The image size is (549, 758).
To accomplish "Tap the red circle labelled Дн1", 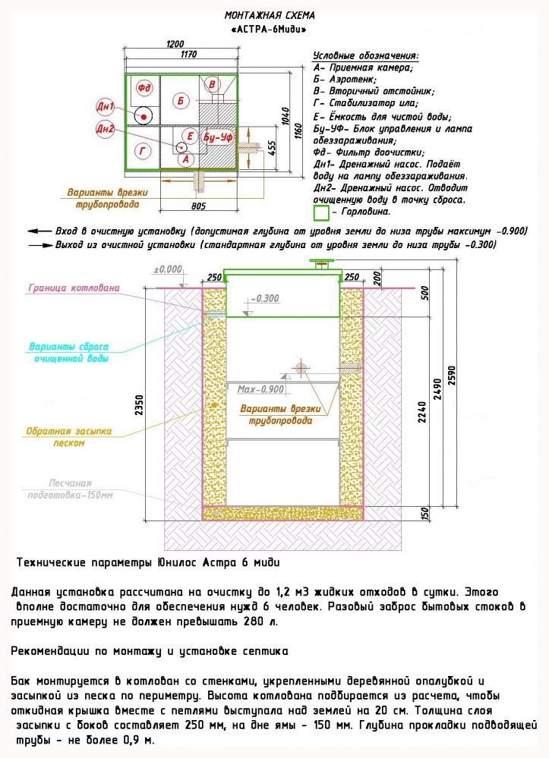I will [x=106, y=105].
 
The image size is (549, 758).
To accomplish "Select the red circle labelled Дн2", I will [x=105, y=130].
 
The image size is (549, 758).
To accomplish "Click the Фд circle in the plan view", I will [x=144, y=89].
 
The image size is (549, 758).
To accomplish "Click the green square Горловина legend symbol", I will [x=321, y=212].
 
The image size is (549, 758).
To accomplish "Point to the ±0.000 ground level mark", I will [x=168, y=269].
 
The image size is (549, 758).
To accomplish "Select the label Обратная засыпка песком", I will [x=69, y=437].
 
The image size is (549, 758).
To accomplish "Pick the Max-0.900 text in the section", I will [x=260, y=389].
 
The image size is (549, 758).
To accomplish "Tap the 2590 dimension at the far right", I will [x=453, y=379].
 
